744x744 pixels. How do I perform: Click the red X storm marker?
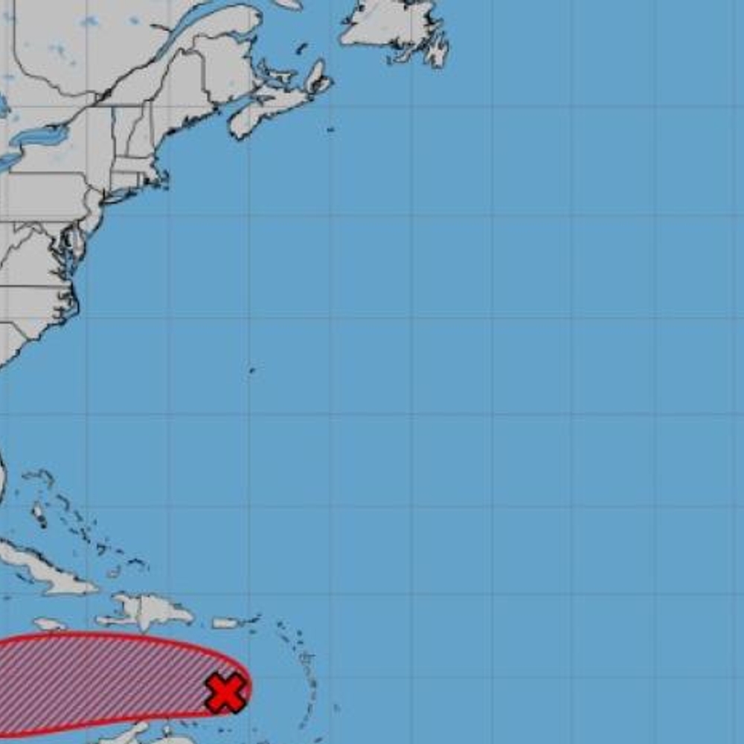click(x=225, y=693)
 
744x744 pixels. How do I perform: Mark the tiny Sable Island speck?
click(x=330, y=130)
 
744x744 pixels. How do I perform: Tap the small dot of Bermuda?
click(x=251, y=370)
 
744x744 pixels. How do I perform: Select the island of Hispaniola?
click(x=149, y=610)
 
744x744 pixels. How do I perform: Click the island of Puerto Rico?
click(x=225, y=623)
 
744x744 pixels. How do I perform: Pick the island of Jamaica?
click(x=48, y=623)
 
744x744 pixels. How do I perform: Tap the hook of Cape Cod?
click(x=163, y=177)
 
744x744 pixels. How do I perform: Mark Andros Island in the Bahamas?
click(x=38, y=513)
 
